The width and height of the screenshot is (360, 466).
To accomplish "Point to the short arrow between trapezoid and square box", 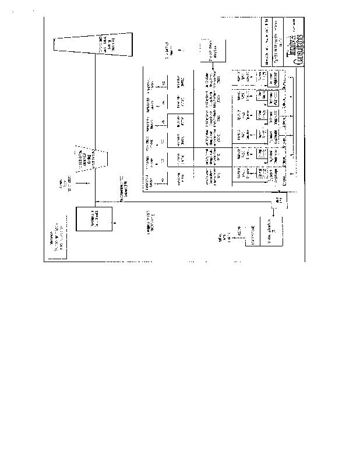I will (85, 185).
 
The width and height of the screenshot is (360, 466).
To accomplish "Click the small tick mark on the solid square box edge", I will (113, 223).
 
